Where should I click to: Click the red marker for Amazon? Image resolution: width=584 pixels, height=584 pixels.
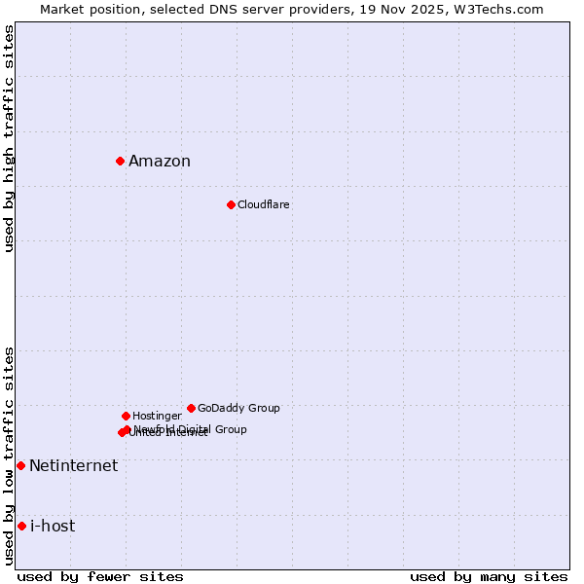tap(120, 161)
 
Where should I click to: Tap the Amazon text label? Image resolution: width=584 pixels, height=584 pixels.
tap(160, 162)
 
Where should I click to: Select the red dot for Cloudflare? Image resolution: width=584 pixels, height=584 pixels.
tap(231, 204)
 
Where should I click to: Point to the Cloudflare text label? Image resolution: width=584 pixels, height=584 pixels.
tap(263, 204)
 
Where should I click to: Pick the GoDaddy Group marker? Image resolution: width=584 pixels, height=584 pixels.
tap(191, 408)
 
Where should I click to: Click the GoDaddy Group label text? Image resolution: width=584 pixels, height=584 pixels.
tap(238, 408)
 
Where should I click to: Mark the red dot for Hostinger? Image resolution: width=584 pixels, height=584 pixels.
tap(126, 416)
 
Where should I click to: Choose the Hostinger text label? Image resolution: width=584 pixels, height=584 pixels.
tap(157, 416)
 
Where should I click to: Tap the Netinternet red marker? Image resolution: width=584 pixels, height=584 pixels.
tap(20, 465)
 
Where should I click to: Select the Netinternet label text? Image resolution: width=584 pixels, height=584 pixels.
tap(73, 465)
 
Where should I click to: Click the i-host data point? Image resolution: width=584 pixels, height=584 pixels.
tap(21, 526)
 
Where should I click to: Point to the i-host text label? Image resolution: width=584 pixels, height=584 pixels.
tap(53, 527)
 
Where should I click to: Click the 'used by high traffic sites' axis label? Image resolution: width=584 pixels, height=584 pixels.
tap(9, 138)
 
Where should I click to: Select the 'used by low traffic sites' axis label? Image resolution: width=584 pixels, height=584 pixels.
tap(9, 456)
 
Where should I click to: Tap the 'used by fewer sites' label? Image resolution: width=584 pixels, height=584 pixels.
tap(100, 576)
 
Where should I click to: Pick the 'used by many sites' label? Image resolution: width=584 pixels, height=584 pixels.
tap(489, 576)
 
